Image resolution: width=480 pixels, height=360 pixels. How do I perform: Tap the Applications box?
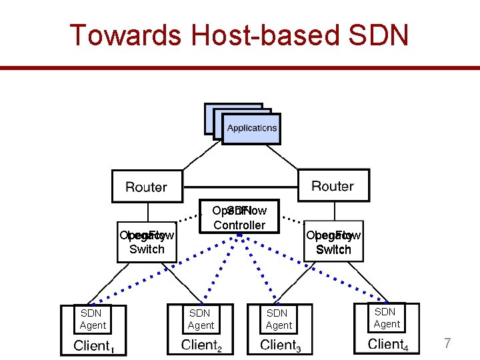pyautogui.click(x=251, y=127)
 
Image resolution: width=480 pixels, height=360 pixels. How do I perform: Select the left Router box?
pyautogui.click(x=147, y=187)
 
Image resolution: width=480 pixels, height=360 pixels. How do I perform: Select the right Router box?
pyautogui.click(x=333, y=185)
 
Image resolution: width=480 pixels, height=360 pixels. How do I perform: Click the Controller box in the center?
pyautogui.click(x=239, y=218)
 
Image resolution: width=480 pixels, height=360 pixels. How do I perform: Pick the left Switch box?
pyautogui.click(x=147, y=243)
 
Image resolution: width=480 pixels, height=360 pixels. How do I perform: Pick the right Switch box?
pyautogui.click(x=333, y=243)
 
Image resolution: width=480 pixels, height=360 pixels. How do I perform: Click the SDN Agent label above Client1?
pyautogui.click(x=93, y=319)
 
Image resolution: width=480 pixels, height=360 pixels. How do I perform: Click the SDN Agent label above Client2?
pyautogui.click(x=201, y=319)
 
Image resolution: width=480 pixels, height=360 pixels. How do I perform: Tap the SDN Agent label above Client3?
pyautogui.click(x=278, y=319)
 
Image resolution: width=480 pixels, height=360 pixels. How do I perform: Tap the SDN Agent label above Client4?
pyautogui.click(x=387, y=318)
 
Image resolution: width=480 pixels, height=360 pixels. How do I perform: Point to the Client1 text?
pyautogui.click(x=93, y=345)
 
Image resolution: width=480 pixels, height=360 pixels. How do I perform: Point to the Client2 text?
pyautogui.click(x=201, y=345)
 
